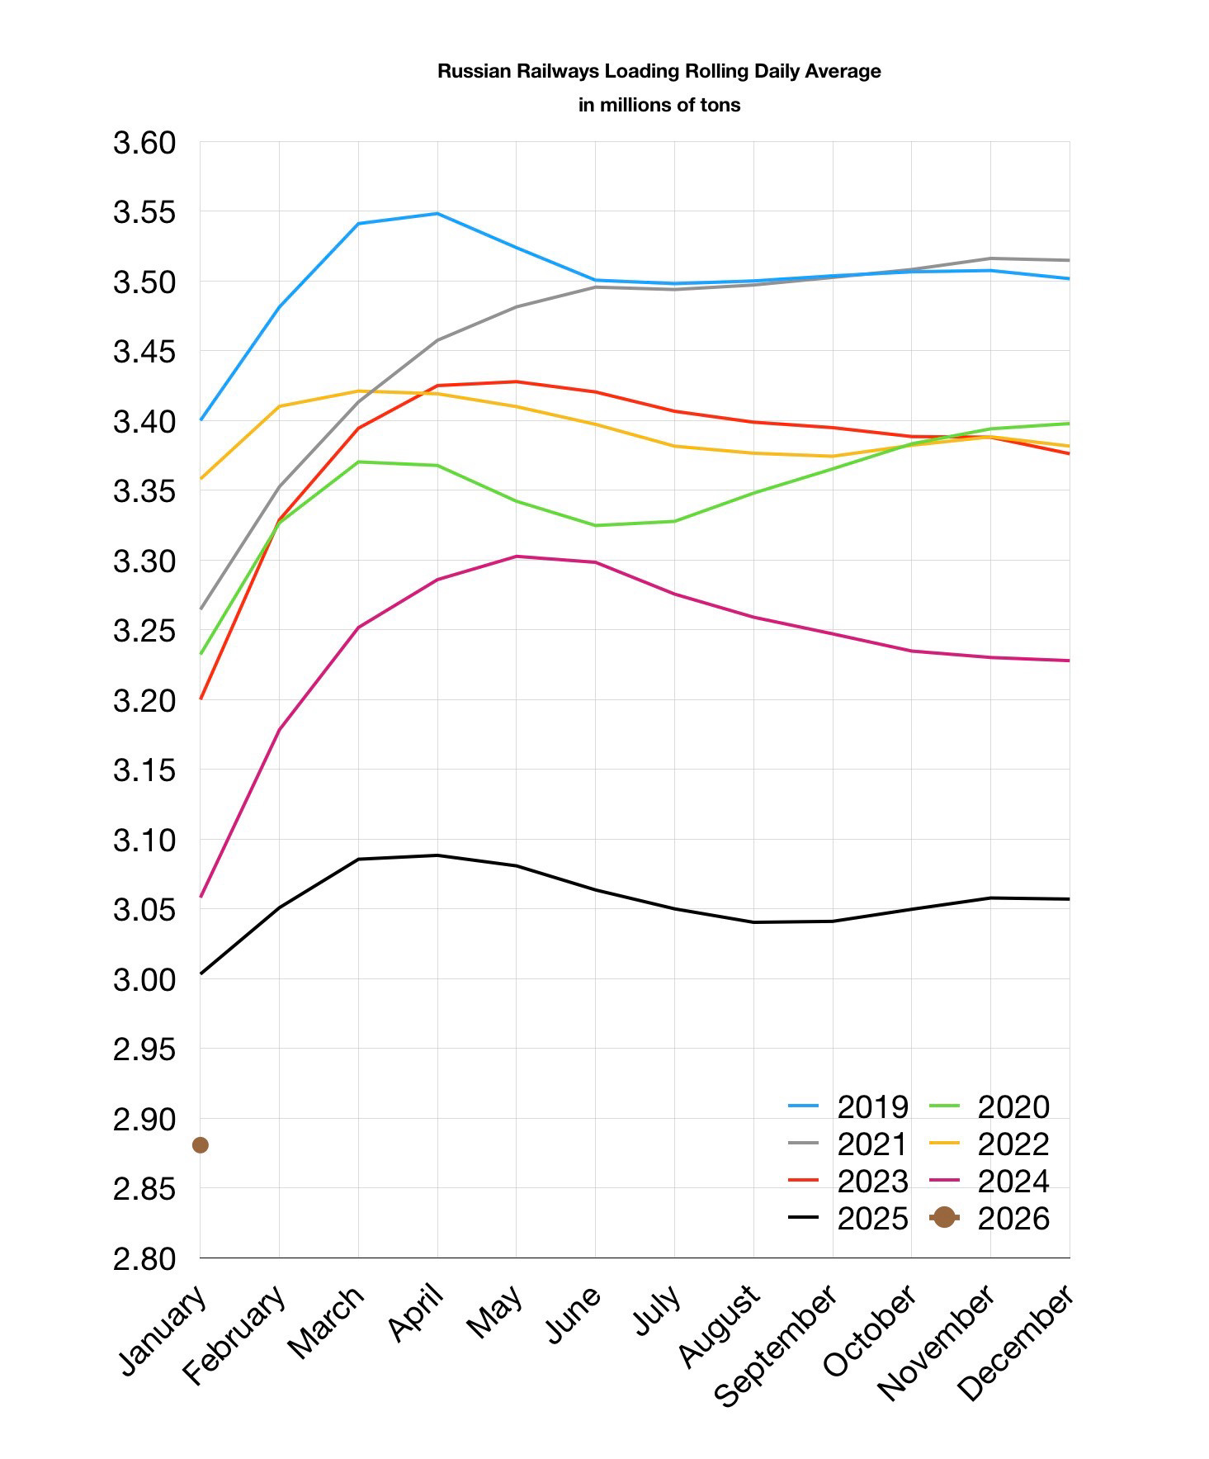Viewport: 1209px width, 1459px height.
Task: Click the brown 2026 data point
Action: tap(200, 1145)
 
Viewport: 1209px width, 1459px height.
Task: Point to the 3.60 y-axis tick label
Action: tap(144, 143)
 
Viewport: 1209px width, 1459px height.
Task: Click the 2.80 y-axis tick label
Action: tap(144, 1259)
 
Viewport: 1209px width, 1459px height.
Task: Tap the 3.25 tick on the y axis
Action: tap(144, 632)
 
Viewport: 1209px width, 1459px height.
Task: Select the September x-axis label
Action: tap(775, 1345)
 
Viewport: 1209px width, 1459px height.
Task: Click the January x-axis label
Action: tap(163, 1331)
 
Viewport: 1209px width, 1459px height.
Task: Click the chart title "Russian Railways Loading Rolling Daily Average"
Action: tap(659, 72)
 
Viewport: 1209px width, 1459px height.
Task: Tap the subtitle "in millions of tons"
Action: tap(659, 106)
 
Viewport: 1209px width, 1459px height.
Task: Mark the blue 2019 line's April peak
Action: tap(437, 214)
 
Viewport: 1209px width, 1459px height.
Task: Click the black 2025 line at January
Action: tap(201, 973)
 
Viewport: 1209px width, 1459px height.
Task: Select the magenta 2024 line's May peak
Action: tap(517, 557)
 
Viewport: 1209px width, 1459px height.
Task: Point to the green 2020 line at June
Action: tap(596, 525)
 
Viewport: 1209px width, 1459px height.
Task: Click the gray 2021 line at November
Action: tap(990, 258)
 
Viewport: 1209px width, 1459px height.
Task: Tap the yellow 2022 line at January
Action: tap(201, 479)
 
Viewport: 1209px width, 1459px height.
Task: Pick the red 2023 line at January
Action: tap(201, 699)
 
